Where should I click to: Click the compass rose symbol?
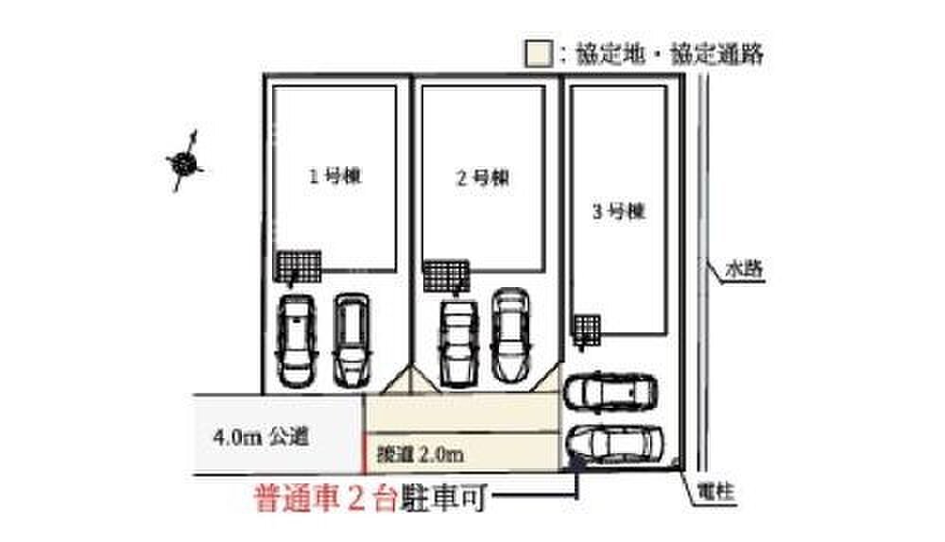(x=185, y=162)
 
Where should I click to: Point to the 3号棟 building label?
(x=618, y=212)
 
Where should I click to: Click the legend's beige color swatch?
(x=537, y=54)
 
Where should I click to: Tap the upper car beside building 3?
(x=611, y=392)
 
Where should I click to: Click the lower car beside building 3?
(x=614, y=442)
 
